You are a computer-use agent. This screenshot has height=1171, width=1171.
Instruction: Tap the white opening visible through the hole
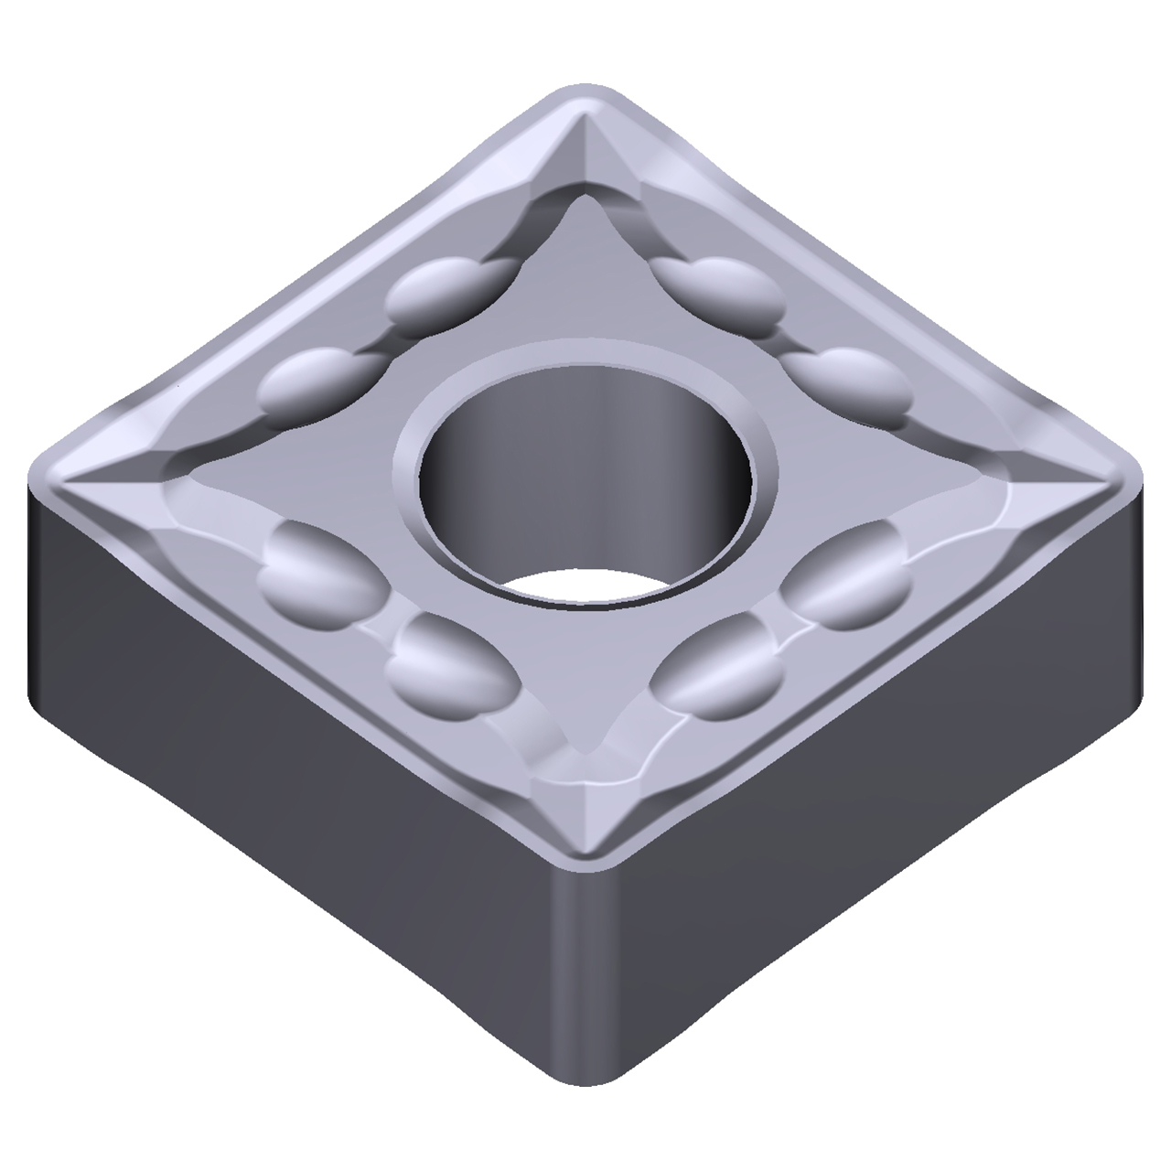click(585, 585)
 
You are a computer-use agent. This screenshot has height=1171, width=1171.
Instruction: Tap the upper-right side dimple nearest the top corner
click(723, 288)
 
